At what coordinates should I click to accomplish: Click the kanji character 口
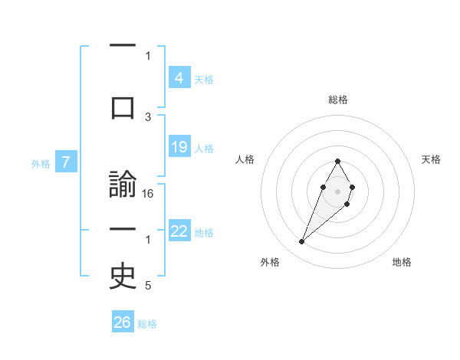pyautogui.click(x=123, y=106)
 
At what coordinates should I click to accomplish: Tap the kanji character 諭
pyautogui.click(x=123, y=186)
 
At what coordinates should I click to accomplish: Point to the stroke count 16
pyautogui.click(x=148, y=194)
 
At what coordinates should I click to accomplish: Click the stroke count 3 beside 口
pyautogui.click(x=148, y=116)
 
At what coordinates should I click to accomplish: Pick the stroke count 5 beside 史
pyautogui.click(x=148, y=286)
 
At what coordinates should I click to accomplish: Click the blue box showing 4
pyautogui.click(x=179, y=78)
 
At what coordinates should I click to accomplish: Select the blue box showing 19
pyautogui.click(x=179, y=147)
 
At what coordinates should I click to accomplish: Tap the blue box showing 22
pyautogui.click(x=179, y=231)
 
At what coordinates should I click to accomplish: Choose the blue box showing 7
pyautogui.click(x=67, y=162)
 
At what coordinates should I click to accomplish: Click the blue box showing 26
pyautogui.click(x=123, y=322)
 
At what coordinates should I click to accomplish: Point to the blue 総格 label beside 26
pyautogui.click(x=147, y=324)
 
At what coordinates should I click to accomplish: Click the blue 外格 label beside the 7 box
pyautogui.click(x=41, y=163)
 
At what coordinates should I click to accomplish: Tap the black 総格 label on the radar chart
pyautogui.click(x=337, y=100)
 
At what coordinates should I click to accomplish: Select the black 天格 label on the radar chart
pyautogui.click(x=431, y=159)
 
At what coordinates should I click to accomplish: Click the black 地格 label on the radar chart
pyautogui.click(x=402, y=262)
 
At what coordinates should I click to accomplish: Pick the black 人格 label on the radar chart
pyautogui.click(x=245, y=159)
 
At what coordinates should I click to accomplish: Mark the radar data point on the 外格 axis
pyautogui.click(x=301, y=242)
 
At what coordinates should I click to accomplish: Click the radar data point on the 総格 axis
pyautogui.click(x=337, y=161)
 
